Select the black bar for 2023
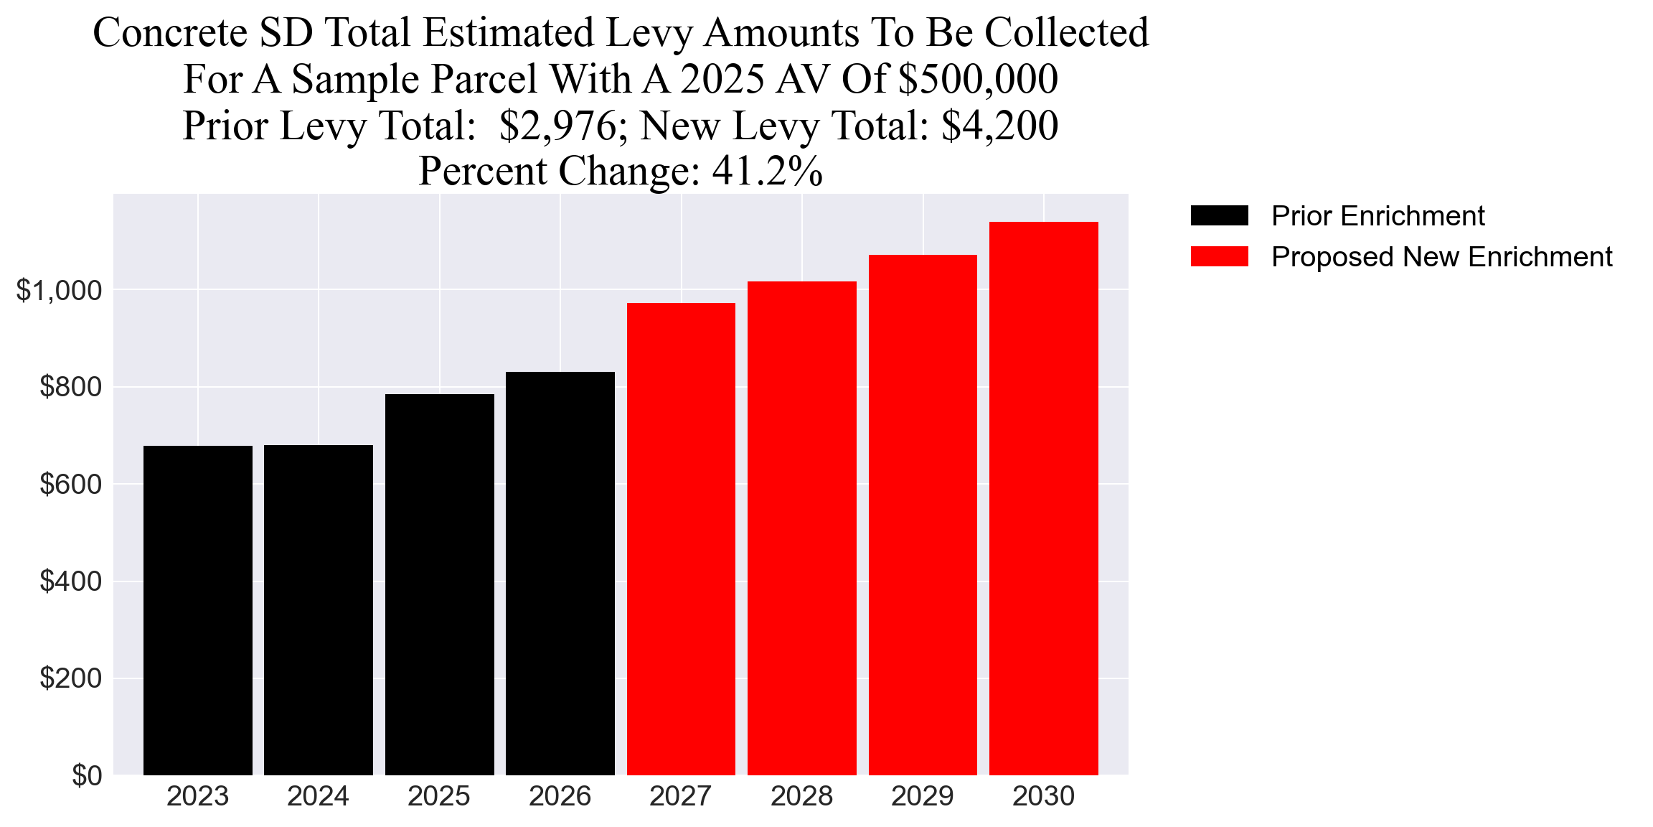[197, 610]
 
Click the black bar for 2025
[439, 584]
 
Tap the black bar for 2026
[560, 574]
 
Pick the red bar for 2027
[681, 539]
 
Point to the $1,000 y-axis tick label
[59, 291]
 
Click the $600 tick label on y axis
[70, 485]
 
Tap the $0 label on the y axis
[87, 776]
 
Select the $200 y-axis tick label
[70, 678]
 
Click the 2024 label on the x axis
[318, 796]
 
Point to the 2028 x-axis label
[801, 796]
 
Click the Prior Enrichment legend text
[1377, 216]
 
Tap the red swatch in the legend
[1219, 257]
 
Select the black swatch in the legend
[1219, 215]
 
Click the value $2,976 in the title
[557, 126]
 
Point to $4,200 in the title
[999, 126]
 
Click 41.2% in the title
[767, 172]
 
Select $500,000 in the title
[978, 79]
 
